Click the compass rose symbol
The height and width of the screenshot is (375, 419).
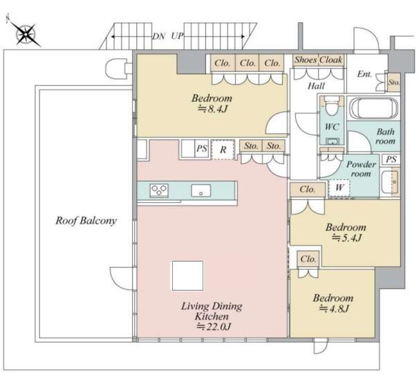click(x=25, y=33)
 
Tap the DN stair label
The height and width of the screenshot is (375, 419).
click(x=159, y=37)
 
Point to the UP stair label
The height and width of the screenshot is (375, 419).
click(x=177, y=36)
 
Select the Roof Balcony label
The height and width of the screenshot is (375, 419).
click(x=86, y=221)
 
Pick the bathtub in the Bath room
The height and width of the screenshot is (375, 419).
click(x=374, y=108)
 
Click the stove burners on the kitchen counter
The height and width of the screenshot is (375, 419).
click(x=159, y=190)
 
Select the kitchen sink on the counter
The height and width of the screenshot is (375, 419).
click(x=201, y=191)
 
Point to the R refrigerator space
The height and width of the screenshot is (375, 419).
click(x=223, y=149)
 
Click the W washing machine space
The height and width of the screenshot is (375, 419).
click(x=339, y=187)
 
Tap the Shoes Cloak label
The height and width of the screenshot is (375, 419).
click(x=318, y=60)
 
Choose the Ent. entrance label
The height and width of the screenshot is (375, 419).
click(x=365, y=74)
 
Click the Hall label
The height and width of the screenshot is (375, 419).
click(x=316, y=86)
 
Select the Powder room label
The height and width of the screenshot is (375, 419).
click(x=361, y=169)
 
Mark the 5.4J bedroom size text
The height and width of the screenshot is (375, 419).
click(x=346, y=238)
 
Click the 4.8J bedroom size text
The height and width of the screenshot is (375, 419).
click(x=334, y=309)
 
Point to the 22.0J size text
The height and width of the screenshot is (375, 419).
click(x=214, y=327)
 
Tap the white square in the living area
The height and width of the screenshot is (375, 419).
click(x=187, y=276)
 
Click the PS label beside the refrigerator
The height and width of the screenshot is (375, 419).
click(x=202, y=149)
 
